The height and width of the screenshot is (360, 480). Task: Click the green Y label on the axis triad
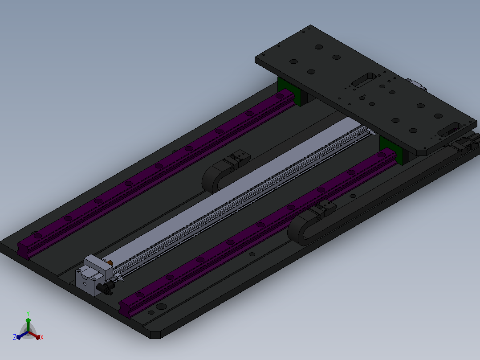click(28, 313)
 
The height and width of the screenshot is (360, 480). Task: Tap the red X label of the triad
click(42, 337)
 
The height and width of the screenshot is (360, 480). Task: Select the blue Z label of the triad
click(15, 337)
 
